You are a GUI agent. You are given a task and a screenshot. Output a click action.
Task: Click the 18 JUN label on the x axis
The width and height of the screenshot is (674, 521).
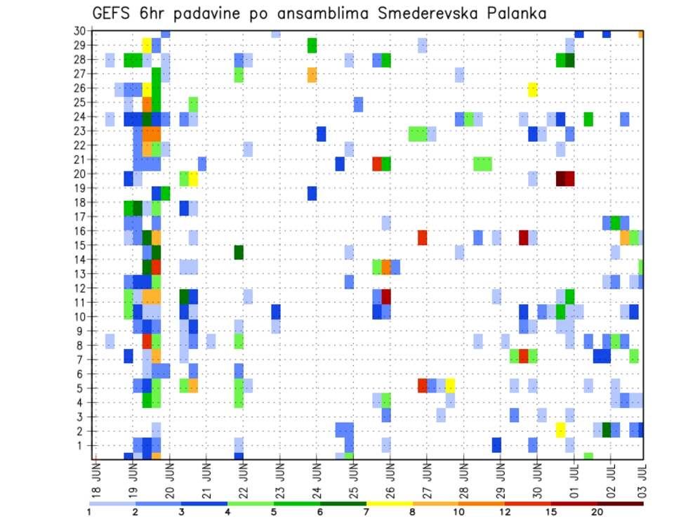coord(96,480)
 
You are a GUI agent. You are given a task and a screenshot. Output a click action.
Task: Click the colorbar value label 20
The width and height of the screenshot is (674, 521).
coord(597,512)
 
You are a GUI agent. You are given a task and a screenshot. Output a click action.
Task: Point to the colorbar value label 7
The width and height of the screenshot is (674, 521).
coord(366,512)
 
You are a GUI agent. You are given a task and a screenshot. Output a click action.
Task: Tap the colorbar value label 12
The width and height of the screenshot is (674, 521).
coord(505,512)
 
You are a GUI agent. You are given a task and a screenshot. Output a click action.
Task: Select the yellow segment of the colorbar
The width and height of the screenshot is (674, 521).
coord(389,503)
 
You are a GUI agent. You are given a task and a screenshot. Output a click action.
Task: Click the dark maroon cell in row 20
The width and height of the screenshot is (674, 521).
coord(561,178)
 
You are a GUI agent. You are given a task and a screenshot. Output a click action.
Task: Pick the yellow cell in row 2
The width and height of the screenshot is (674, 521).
coord(560,429)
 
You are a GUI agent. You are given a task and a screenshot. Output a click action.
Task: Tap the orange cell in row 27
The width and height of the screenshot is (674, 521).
coord(312,74)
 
